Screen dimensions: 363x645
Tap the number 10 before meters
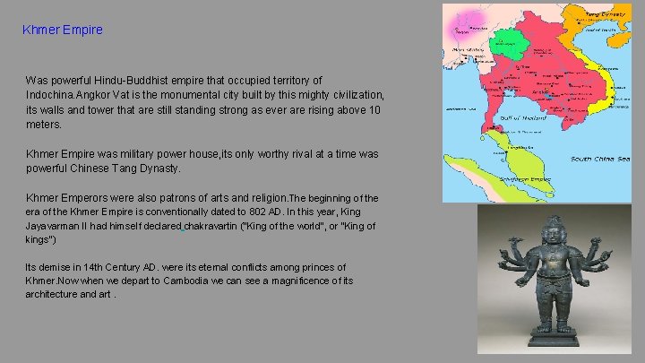[374, 109]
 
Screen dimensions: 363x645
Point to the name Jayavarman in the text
[56, 227]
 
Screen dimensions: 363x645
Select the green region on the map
[507, 40]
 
